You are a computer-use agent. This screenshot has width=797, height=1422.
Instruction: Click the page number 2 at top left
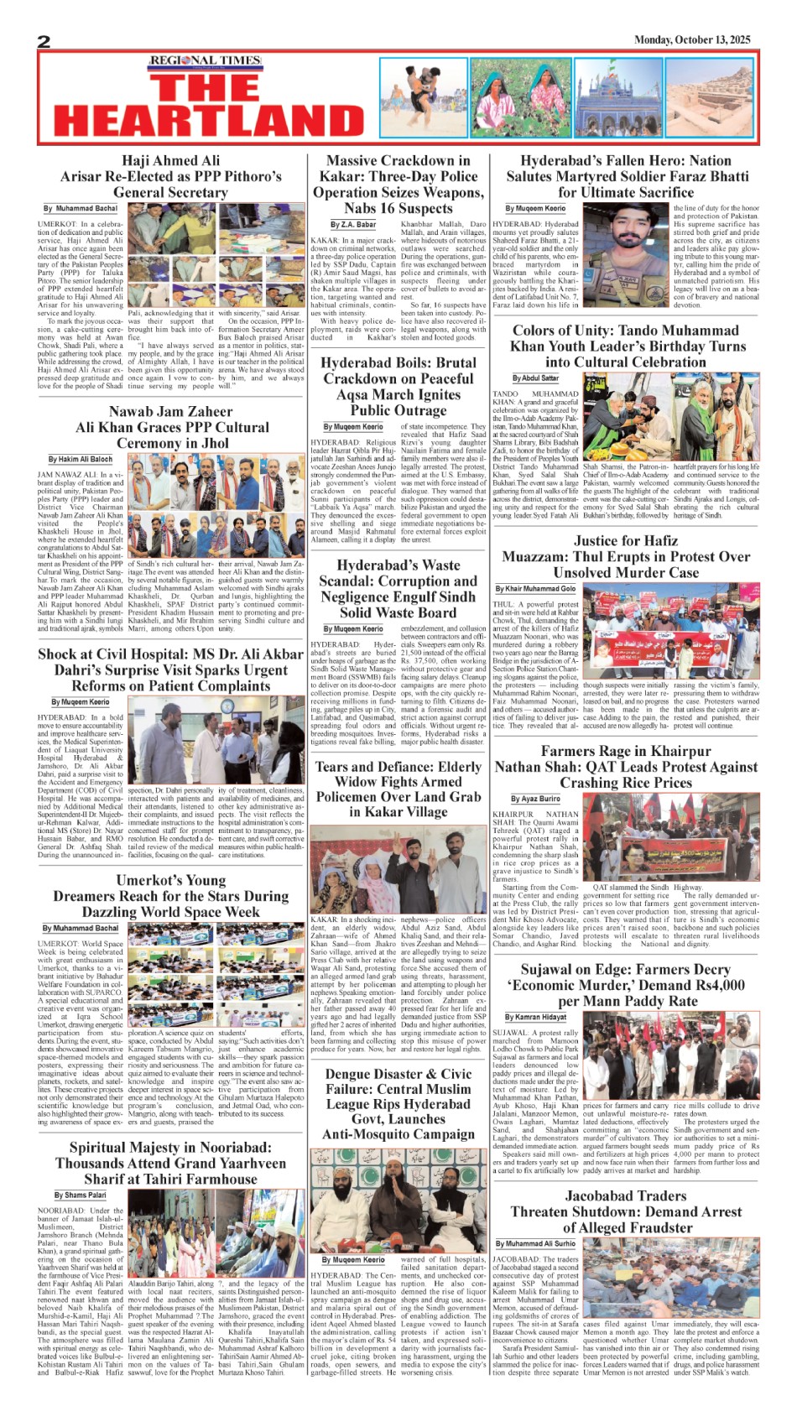pos(44,42)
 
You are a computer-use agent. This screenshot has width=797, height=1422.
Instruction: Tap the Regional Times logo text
pos(205,61)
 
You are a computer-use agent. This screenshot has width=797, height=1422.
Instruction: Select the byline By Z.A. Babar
pos(353,225)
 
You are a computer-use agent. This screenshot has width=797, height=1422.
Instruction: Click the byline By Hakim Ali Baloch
pos(80,459)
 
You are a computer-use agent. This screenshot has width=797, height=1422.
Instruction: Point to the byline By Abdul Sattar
pos(535,378)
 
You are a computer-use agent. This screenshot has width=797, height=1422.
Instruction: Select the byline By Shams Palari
pos(81,1195)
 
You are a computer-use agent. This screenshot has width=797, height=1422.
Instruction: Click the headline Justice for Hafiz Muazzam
pos(625,556)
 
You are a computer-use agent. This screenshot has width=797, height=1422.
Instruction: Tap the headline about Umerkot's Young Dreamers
pos(171,895)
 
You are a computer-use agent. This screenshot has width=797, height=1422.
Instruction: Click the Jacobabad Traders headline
pos(625,1211)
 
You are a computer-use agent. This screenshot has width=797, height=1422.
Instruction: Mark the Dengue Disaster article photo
pos(398,1200)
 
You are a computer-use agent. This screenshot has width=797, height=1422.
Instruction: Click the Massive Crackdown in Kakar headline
pos(398,184)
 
